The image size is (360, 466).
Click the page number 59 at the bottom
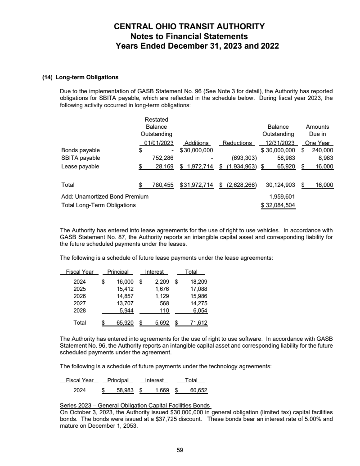click(x=180, y=449)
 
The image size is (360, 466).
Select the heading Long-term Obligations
click(x=87, y=77)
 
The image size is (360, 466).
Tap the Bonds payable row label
click(x=81, y=150)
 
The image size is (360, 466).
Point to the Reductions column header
click(x=237, y=143)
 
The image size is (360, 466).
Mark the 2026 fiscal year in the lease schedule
click(x=80, y=296)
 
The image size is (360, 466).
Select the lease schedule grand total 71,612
click(x=198, y=323)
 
